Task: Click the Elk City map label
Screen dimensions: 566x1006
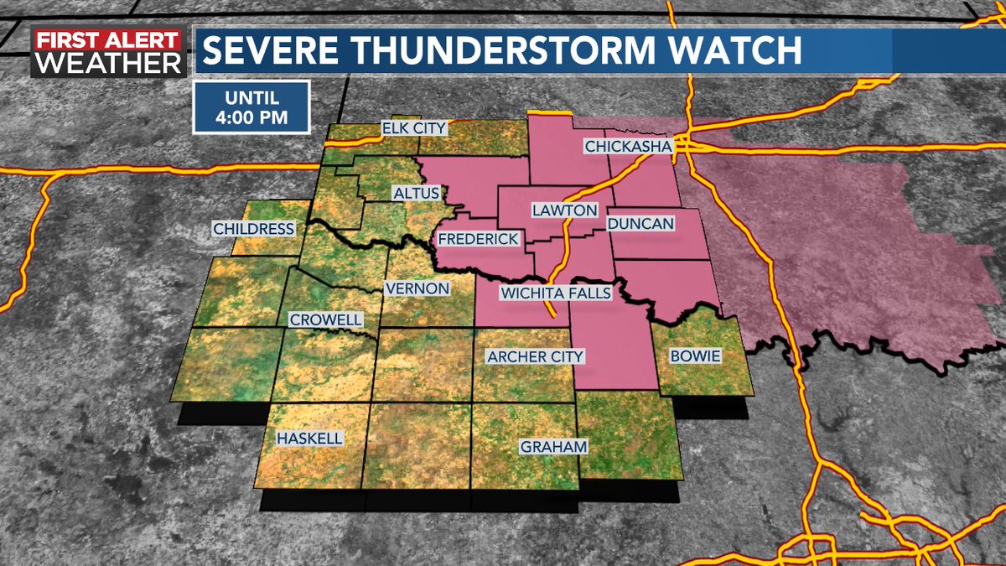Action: pyautogui.click(x=413, y=128)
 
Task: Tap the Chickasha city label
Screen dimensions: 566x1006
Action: pyautogui.click(x=628, y=148)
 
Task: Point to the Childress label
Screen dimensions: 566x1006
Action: pyautogui.click(x=253, y=229)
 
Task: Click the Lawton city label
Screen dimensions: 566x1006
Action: pyautogui.click(x=564, y=210)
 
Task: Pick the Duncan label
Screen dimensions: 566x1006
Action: pyautogui.click(x=640, y=224)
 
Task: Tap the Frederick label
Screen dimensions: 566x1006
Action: pyautogui.click(x=477, y=239)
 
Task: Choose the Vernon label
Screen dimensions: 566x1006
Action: pyautogui.click(x=417, y=288)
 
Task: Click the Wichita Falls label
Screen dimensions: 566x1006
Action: pyautogui.click(x=555, y=293)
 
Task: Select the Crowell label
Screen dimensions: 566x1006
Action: pyautogui.click(x=325, y=320)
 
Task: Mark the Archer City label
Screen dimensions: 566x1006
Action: pyautogui.click(x=535, y=357)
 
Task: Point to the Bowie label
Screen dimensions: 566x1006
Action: pyautogui.click(x=695, y=356)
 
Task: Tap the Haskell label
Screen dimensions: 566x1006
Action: pyautogui.click(x=309, y=439)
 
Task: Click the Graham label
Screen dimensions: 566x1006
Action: pyautogui.click(x=552, y=447)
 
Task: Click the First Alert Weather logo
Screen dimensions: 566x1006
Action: pyautogui.click(x=107, y=53)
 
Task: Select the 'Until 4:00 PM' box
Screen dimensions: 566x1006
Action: pyautogui.click(x=251, y=106)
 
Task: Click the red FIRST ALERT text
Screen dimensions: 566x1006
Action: pyautogui.click(x=107, y=40)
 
